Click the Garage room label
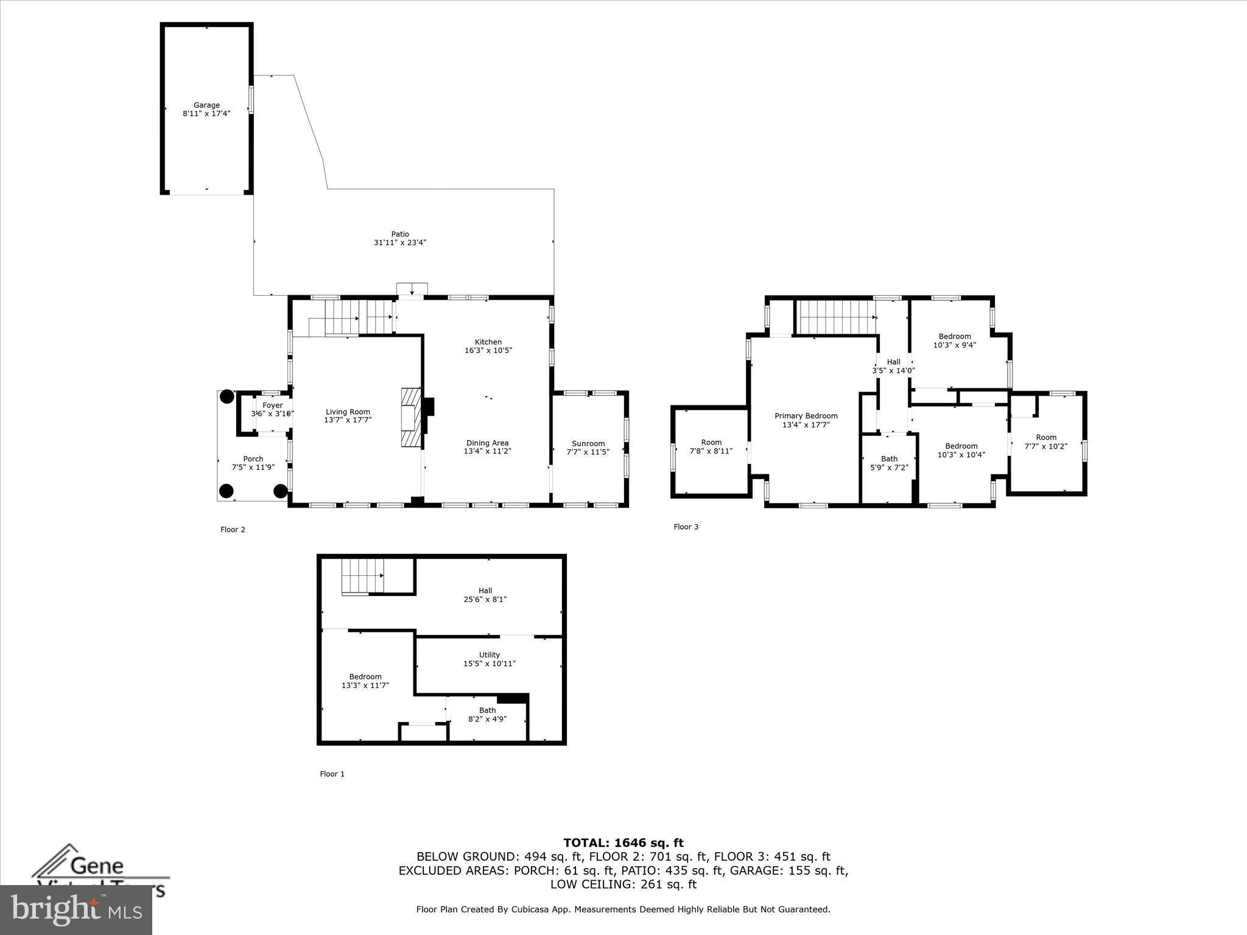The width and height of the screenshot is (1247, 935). click(x=206, y=105)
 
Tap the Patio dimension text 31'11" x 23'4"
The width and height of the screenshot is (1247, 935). click(x=400, y=243)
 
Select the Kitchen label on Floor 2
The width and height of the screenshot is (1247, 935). click(x=488, y=342)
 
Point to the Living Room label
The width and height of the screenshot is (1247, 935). click(x=348, y=412)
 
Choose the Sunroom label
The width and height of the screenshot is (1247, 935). click(x=588, y=444)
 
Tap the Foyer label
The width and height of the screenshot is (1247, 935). click(x=273, y=405)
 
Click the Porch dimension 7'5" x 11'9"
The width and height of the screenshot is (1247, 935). click(x=253, y=467)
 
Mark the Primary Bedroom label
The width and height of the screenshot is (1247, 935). click(x=806, y=416)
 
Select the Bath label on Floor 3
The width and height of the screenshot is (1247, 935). click(x=889, y=459)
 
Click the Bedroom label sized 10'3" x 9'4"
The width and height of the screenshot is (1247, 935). click(x=955, y=337)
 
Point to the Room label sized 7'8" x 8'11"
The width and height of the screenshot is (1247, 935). click(x=711, y=443)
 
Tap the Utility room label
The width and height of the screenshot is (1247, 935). click(x=490, y=655)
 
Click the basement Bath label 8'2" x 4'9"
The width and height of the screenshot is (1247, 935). click(x=487, y=710)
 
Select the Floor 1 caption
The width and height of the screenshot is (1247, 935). click(x=332, y=774)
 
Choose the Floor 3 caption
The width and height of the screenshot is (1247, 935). click(x=686, y=527)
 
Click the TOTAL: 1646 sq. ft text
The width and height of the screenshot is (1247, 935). click(x=623, y=843)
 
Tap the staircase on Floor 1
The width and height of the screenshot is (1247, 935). click(x=362, y=576)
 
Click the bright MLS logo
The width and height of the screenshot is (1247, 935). click(x=76, y=910)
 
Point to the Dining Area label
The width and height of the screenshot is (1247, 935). click(x=487, y=443)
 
